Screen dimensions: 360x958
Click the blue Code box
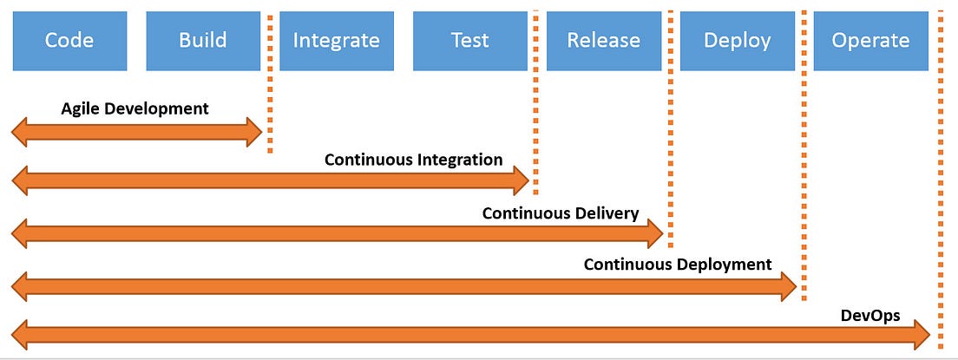coord(69,40)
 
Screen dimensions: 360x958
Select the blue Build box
coord(203,40)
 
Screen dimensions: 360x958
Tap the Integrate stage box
coord(336,40)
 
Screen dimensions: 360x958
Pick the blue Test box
coord(469,40)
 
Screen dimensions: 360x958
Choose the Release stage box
coord(603,40)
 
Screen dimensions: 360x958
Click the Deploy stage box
coord(736,40)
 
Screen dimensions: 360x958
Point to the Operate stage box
coord(869,40)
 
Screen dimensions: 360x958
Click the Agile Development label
coord(135,108)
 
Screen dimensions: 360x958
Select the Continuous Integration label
coord(413,160)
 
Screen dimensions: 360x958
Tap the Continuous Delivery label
coord(561,213)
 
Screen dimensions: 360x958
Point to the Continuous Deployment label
coord(677,264)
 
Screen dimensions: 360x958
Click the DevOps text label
coord(870,316)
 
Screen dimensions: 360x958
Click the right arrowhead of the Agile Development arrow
coord(253,131)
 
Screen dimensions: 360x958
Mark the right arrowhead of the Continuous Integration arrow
coord(521,180)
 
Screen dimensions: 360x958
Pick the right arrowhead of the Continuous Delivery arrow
coord(654,232)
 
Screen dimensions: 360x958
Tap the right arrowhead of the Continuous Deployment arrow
coord(788,284)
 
